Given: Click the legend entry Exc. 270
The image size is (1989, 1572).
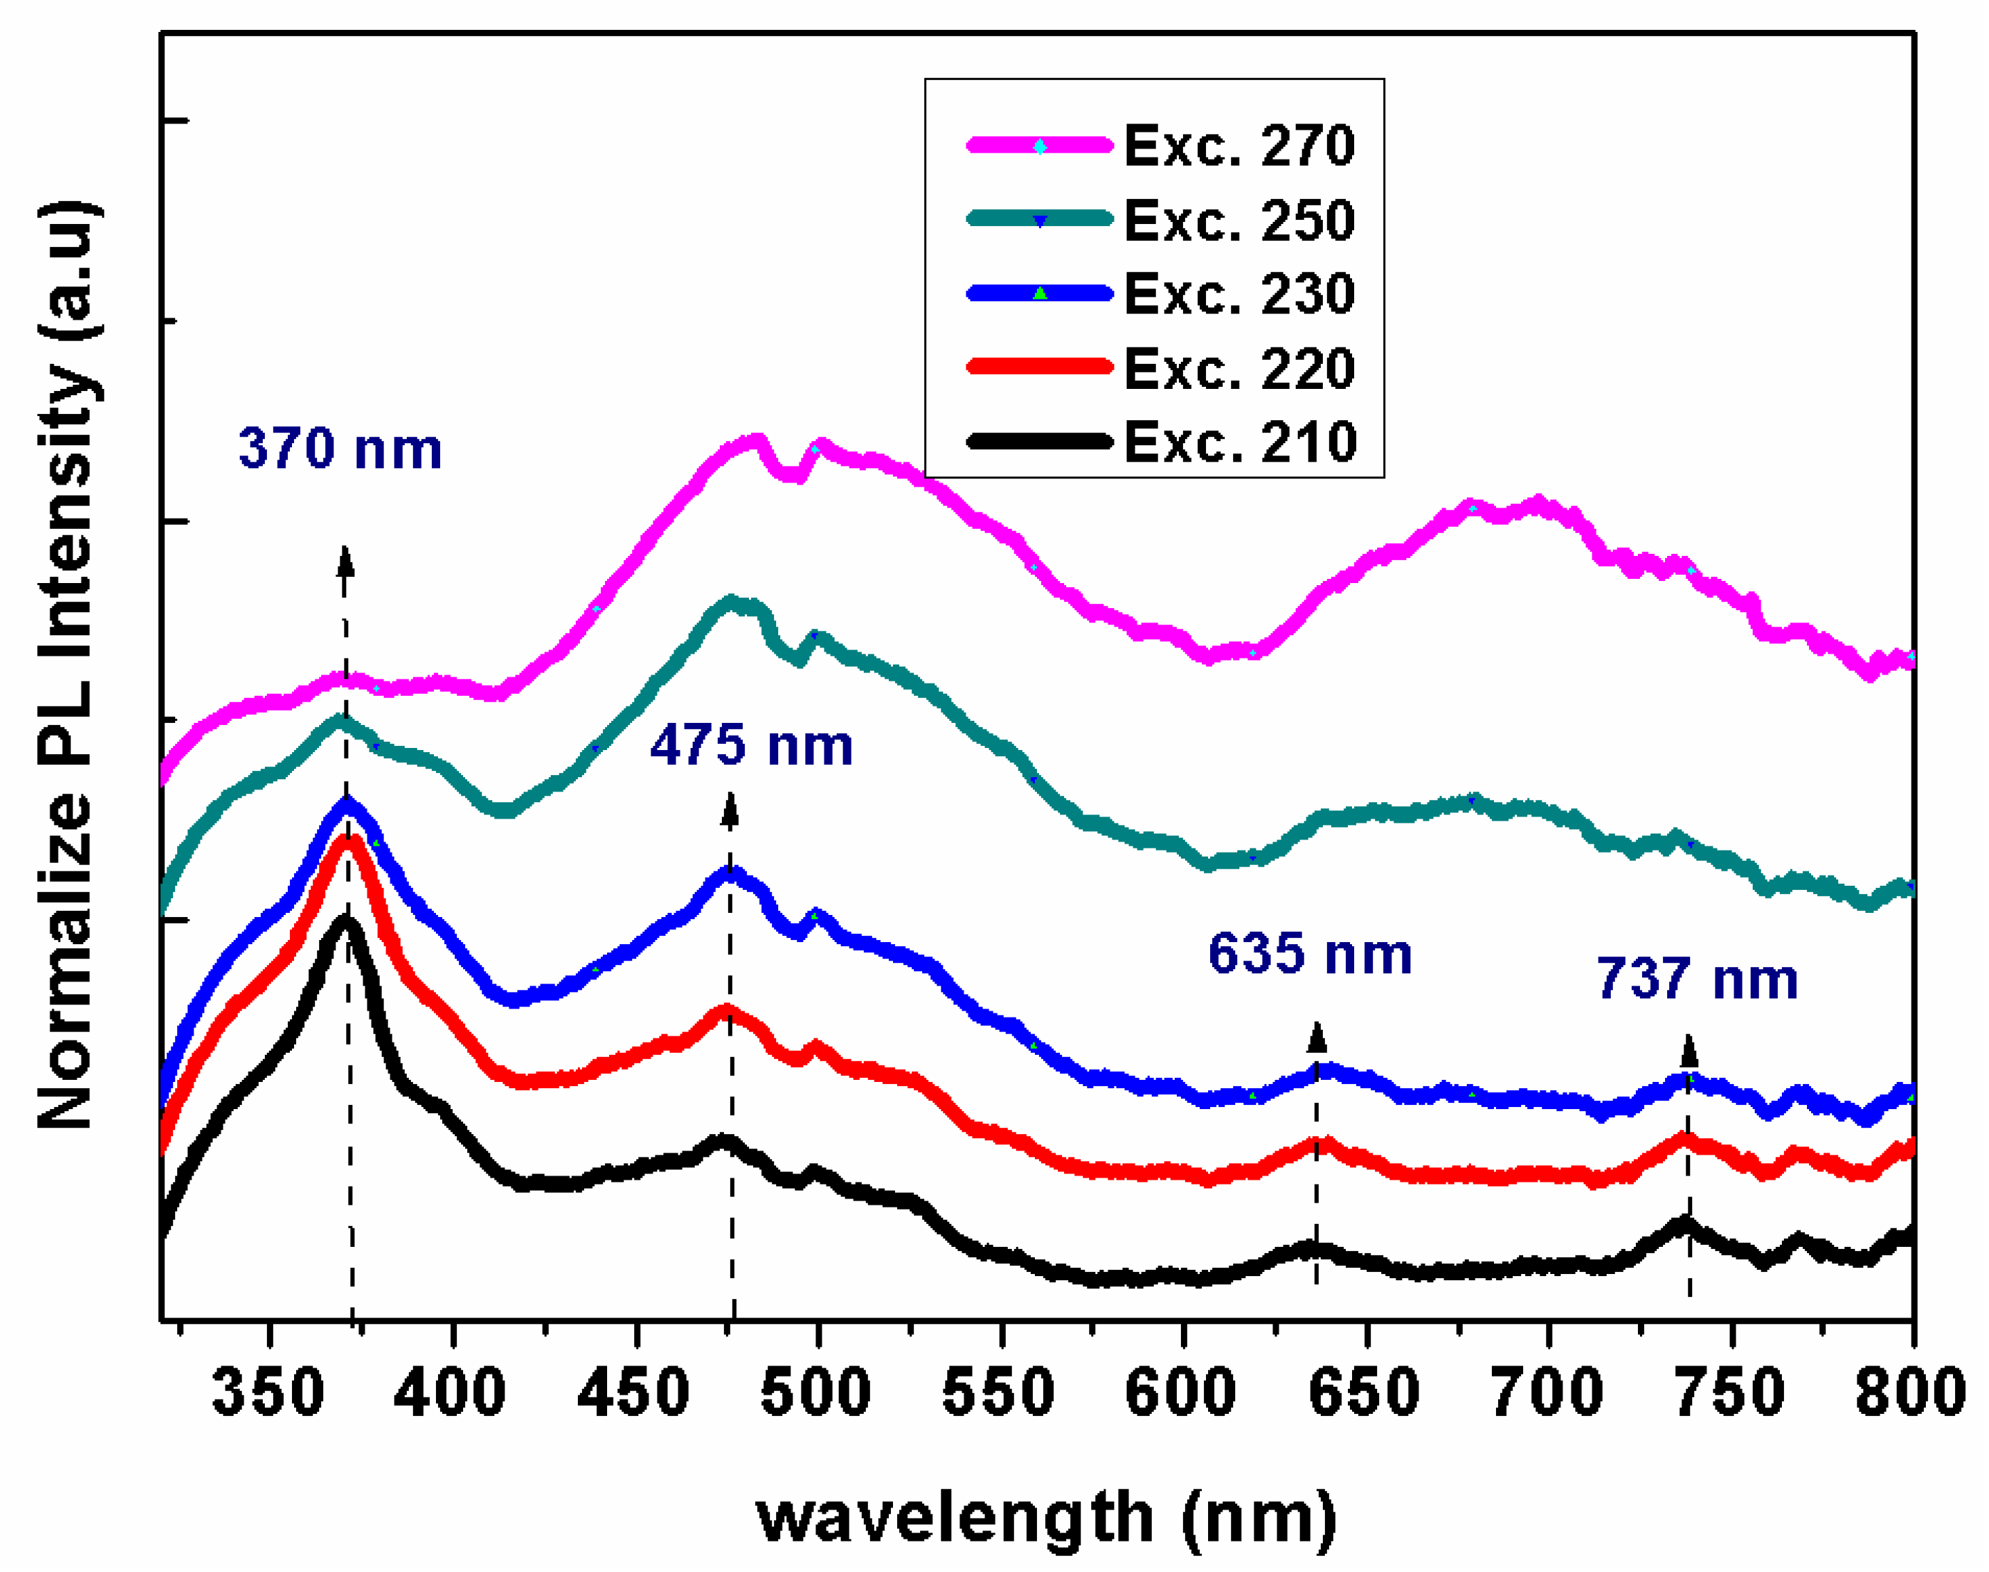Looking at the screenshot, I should point(1239,145).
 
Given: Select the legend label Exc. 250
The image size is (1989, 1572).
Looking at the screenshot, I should point(1239,220).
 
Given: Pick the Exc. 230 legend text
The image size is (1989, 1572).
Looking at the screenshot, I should point(1239,294).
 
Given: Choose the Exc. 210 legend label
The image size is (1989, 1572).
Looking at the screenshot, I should point(1239,442).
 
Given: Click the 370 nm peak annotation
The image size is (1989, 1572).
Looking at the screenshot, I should point(340,449).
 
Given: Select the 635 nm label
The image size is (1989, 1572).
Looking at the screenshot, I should point(1309,954).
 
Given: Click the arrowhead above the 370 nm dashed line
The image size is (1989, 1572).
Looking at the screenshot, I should point(346,559).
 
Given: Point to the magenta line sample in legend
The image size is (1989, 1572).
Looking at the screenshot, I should point(1039,145).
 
